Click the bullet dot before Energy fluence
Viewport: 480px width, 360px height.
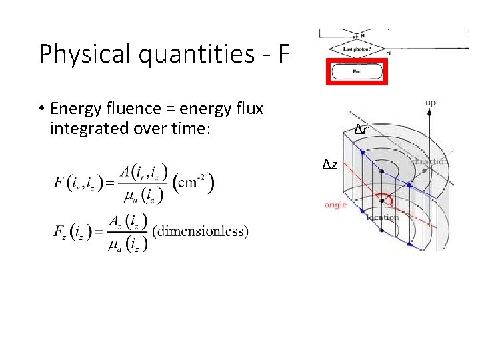click(41, 109)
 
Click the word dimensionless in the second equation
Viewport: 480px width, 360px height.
click(201, 231)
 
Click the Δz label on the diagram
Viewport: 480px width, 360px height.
click(330, 165)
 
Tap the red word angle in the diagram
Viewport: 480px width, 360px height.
click(336, 205)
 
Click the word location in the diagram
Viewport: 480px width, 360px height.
click(383, 217)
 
